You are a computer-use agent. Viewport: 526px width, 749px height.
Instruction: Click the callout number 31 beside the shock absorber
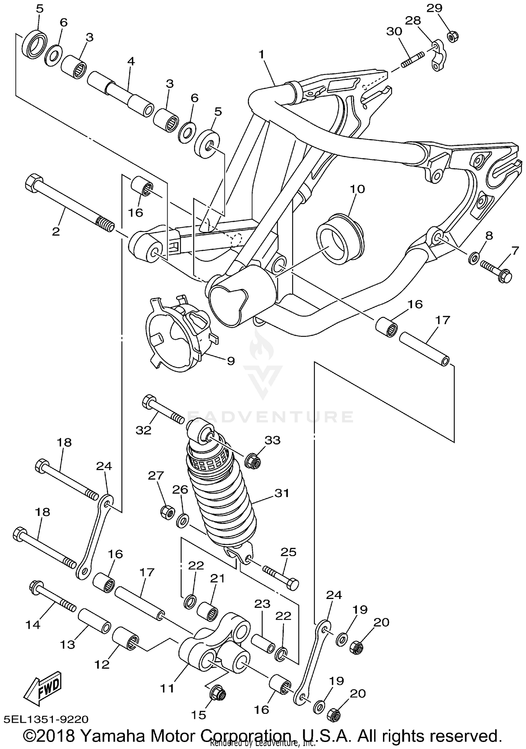pyautogui.click(x=282, y=493)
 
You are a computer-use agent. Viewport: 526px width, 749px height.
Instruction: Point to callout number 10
pyautogui.click(x=357, y=189)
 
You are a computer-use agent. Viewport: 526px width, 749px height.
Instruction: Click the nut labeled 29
pyautogui.click(x=453, y=36)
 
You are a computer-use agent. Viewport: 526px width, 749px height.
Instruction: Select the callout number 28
pyautogui.click(x=413, y=21)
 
